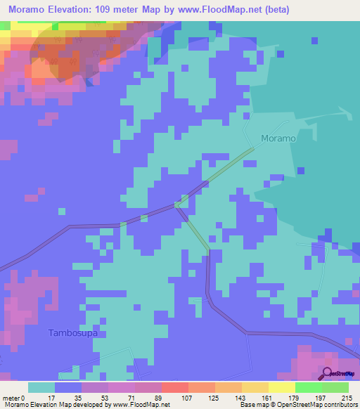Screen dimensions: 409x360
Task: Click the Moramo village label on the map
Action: (278, 138)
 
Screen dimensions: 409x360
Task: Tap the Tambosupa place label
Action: (72, 332)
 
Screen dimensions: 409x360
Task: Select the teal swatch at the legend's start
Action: (41, 387)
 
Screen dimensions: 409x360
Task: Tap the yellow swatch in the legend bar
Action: (282, 387)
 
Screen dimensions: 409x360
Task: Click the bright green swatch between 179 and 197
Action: (309, 387)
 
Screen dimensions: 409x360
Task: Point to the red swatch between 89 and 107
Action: (175, 387)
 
